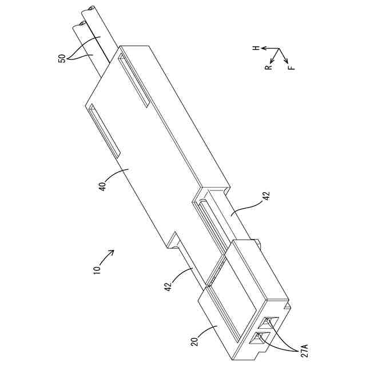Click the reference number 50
coord(63,58)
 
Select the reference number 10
coord(97,268)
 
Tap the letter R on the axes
coord(267,67)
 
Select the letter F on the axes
coord(292,67)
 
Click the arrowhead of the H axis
coord(262,50)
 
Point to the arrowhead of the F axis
coord(287,60)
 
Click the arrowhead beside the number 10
coord(113,252)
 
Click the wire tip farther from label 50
coord(91,10)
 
